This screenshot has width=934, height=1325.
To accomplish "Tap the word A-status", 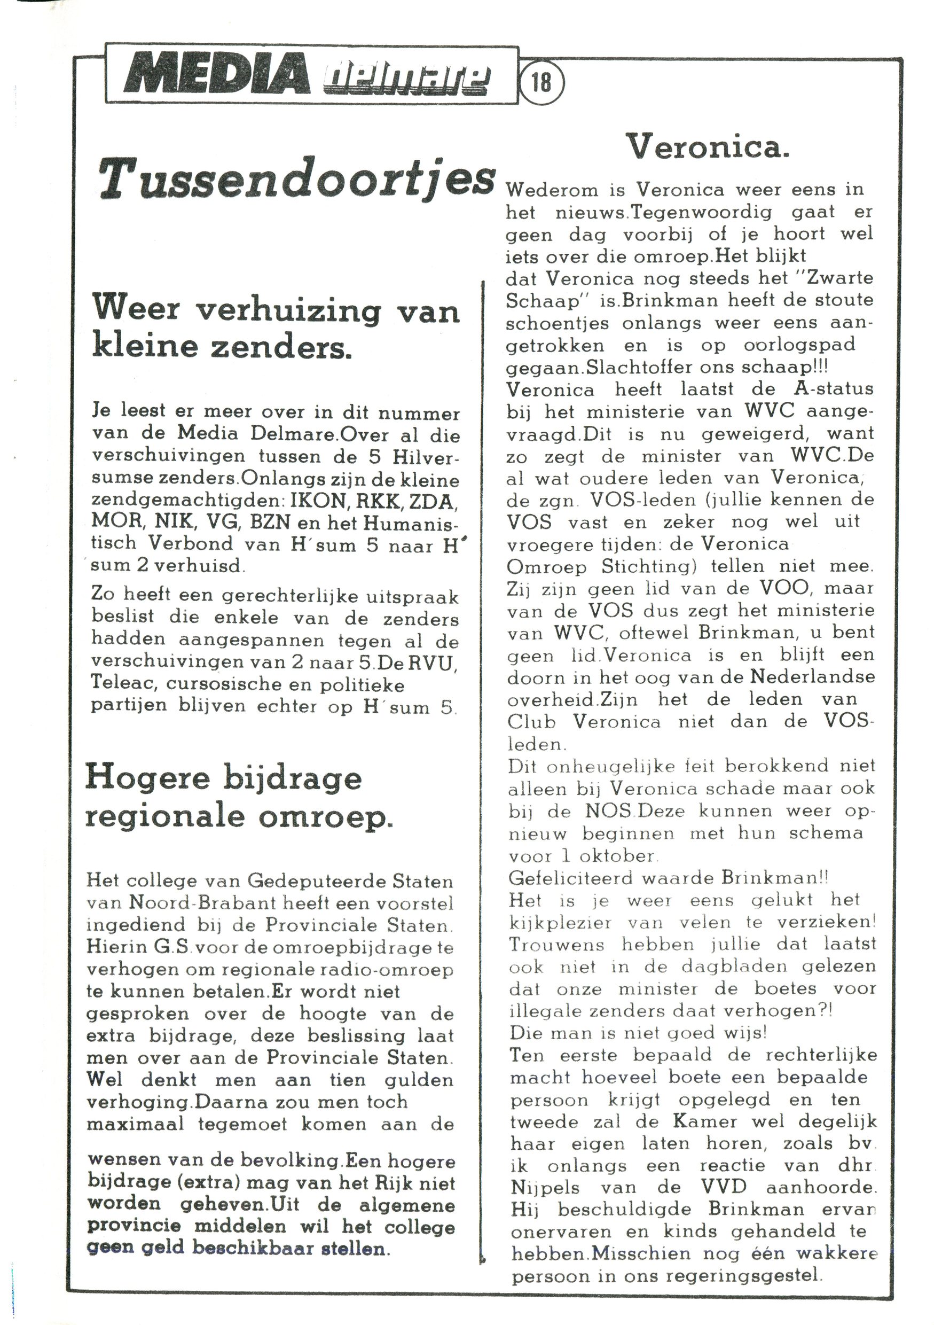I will coord(834,389).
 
